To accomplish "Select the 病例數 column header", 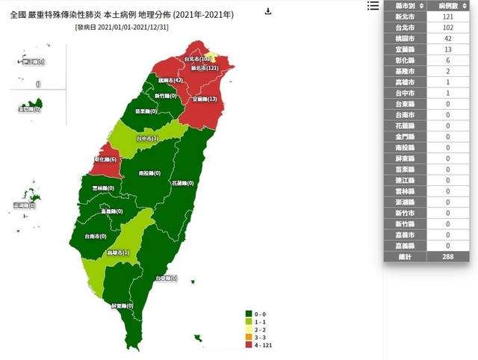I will pos(451,6).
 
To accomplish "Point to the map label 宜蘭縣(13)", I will pos(205,99).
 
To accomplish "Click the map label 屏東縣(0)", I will pos(122,306).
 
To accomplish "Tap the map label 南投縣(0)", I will pos(152,173).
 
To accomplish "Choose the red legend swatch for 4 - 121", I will pos(249,346).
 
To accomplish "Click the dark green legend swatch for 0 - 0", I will pos(249,314).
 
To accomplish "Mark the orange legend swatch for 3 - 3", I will pos(249,338).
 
